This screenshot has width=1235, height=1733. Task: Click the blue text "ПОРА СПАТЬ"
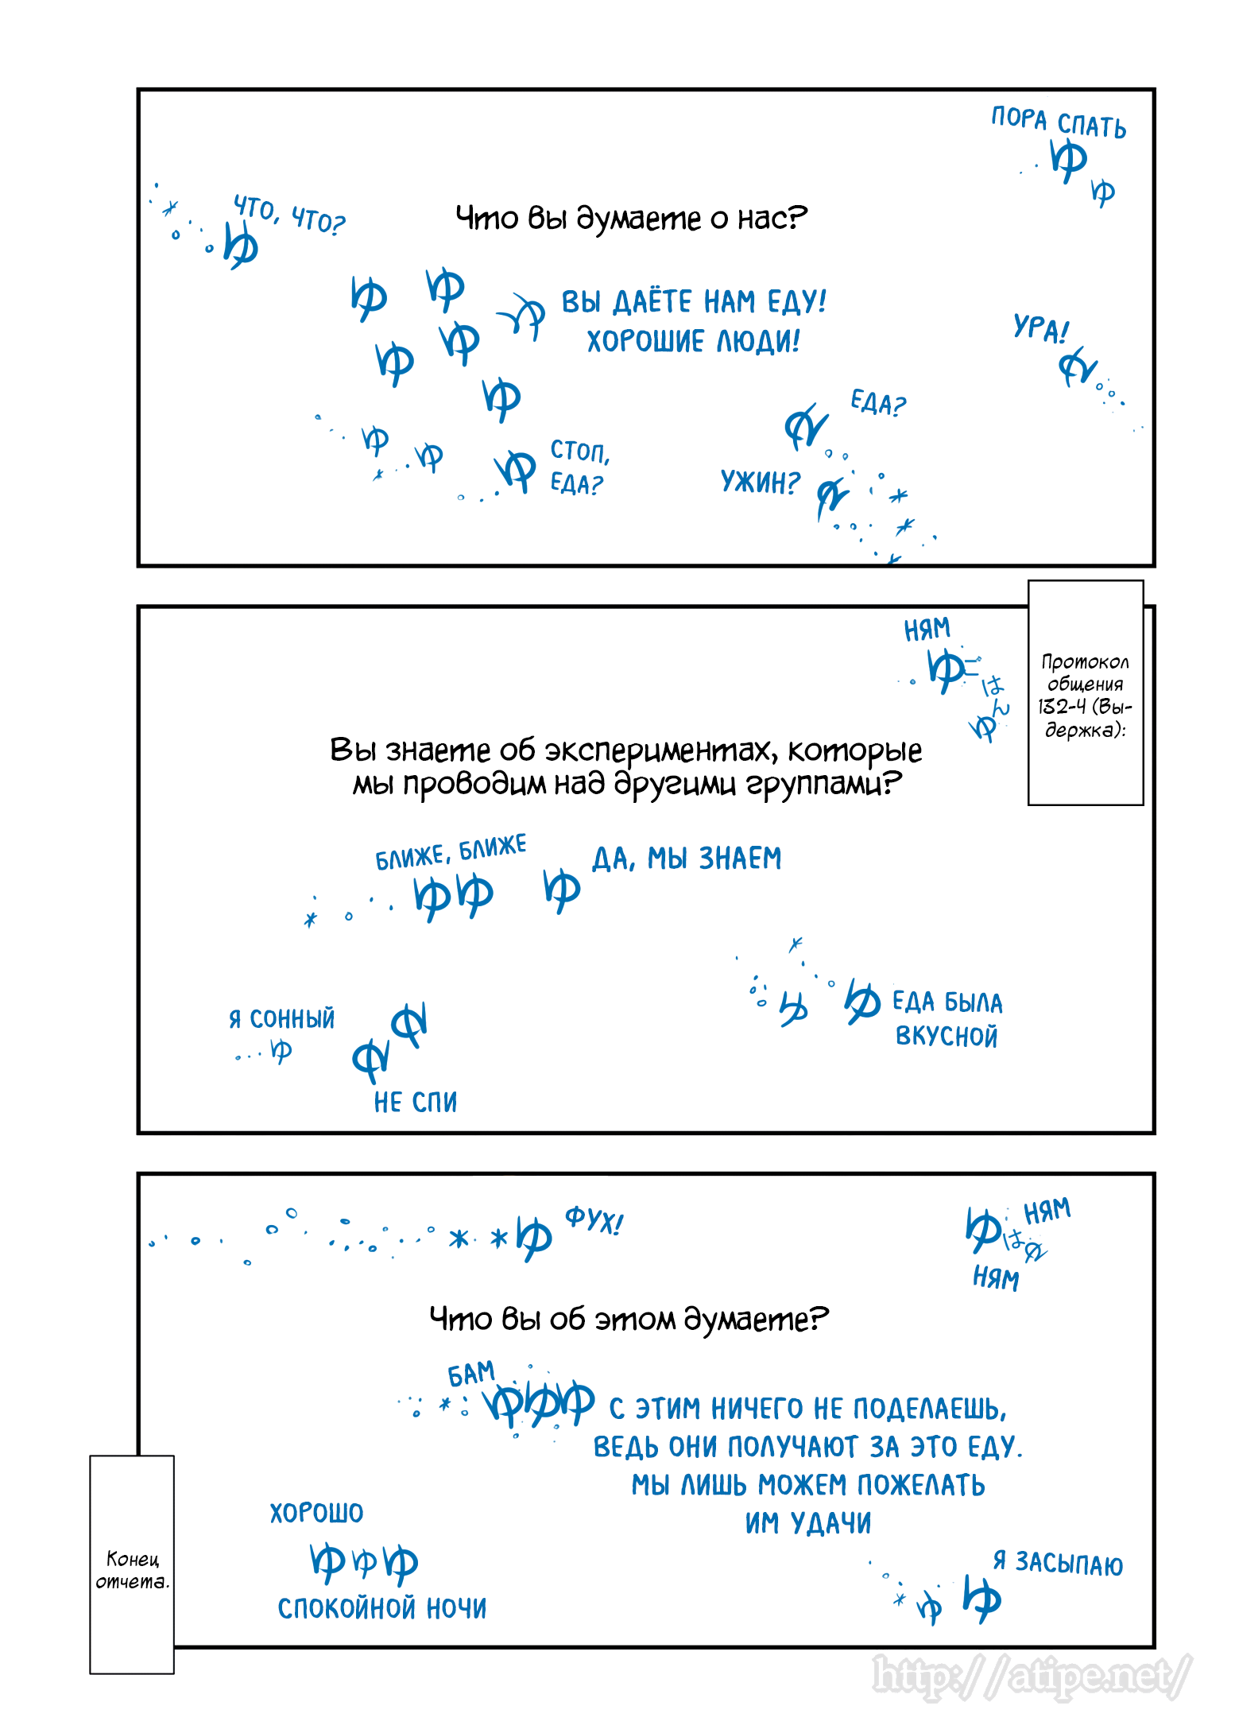1058,122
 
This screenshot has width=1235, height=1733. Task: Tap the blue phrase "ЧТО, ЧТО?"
289,215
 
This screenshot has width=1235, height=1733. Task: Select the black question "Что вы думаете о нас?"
631,218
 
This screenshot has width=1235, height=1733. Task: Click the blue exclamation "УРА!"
1040,328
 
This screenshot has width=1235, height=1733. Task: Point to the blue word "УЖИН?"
760,482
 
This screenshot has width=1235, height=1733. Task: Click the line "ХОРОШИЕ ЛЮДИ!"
693,342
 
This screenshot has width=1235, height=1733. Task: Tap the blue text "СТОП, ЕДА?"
579,467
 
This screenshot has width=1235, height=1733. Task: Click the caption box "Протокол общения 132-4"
1085,694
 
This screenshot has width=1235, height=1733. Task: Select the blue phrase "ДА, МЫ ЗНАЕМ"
687,859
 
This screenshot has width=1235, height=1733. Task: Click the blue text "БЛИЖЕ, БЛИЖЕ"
451,851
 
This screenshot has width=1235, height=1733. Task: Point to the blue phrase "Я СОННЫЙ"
282,1018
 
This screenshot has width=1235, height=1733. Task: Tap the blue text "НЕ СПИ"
416,1102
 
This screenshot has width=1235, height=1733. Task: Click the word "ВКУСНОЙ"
946,1037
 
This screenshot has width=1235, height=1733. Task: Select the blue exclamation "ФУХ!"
594,1220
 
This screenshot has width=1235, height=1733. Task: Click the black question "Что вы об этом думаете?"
629,1320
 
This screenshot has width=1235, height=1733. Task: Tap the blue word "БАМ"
471,1374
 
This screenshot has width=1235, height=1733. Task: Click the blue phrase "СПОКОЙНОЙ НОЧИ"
382,1608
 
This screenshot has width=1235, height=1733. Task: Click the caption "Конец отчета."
132,1569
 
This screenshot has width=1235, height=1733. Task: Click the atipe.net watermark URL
1032,1676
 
